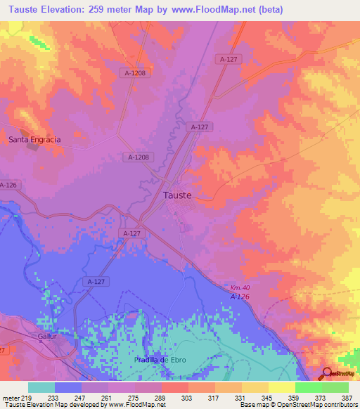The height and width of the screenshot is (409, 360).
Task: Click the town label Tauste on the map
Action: coord(177,195)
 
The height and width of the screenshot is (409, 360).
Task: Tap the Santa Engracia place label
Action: coord(34,139)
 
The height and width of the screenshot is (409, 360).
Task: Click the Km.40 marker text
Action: coord(240,287)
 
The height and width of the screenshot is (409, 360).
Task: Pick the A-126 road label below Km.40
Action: coord(240,297)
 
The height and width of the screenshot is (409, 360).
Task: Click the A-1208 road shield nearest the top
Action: coord(136,72)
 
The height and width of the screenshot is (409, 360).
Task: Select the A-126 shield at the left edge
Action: coord(8,185)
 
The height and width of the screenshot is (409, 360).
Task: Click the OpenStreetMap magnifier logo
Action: coord(328,373)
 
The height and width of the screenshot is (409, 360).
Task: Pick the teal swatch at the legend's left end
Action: coord(41,387)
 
